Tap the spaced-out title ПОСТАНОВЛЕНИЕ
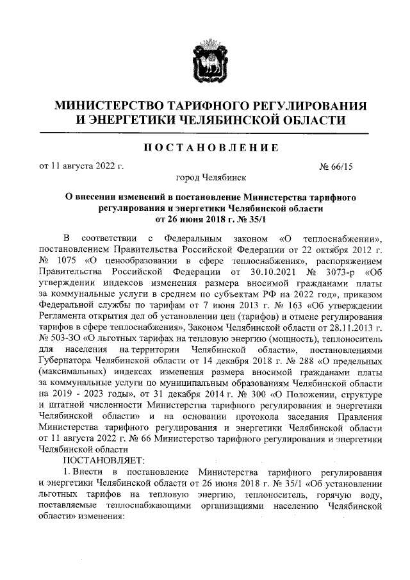[x=204, y=148]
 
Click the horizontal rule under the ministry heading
[x=204, y=133]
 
